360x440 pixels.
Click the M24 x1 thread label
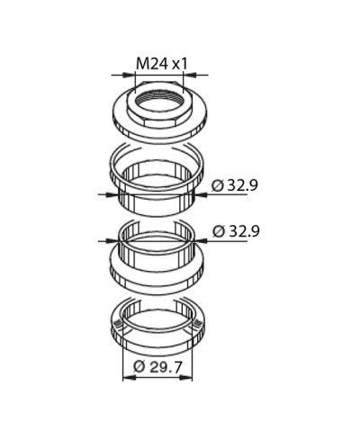pos(162,64)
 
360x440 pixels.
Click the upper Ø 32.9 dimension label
pos(234,185)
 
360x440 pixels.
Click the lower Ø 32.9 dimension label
pos(236,231)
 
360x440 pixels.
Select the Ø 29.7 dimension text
pos(157,367)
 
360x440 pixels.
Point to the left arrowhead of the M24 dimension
pos(130,75)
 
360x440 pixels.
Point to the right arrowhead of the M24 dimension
pos(189,75)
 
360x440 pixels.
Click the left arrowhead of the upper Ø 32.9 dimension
pos(112,194)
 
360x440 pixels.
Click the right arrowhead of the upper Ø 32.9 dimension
pos(202,194)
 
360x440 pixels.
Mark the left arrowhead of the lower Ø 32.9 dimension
pos(112,240)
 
